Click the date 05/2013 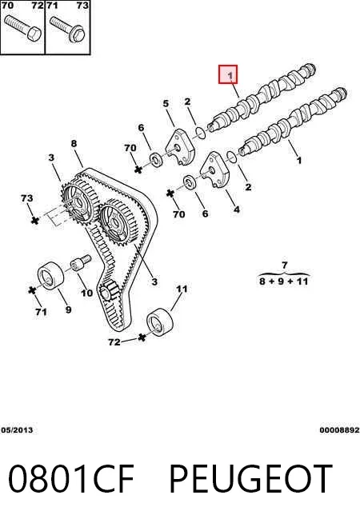(x=17, y=429)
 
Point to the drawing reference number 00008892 (x=339, y=429)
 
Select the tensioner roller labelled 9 (x=50, y=276)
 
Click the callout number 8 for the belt (x=74, y=143)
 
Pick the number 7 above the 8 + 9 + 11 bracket (x=284, y=265)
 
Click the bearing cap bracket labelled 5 (x=180, y=147)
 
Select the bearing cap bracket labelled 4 (x=215, y=170)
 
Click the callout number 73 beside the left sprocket (x=26, y=198)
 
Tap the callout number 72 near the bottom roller (x=114, y=342)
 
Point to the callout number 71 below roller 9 (x=41, y=312)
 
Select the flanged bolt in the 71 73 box (x=68, y=29)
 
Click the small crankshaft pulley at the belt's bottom (x=109, y=291)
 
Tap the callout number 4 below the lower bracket (x=237, y=210)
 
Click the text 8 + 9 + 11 (x=284, y=281)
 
